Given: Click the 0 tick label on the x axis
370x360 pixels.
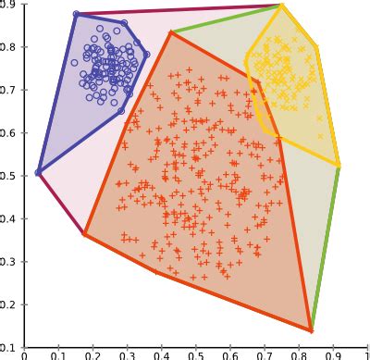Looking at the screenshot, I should [x=24, y=354].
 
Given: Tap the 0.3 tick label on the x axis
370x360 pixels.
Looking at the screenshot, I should [x=127, y=354].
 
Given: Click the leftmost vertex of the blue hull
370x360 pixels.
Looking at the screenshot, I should [x=38, y=172].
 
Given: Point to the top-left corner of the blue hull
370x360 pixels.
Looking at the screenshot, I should [x=76, y=14].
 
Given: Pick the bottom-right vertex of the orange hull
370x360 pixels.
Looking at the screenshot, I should [x=311, y=329].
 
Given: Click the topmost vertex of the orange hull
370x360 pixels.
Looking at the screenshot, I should [x=171, y=32].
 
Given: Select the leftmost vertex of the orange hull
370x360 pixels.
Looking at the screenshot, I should [x=84, y=233].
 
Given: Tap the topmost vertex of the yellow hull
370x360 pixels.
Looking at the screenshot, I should [x=281, y=6].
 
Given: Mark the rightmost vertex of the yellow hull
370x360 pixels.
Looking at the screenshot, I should [x=339, y=165].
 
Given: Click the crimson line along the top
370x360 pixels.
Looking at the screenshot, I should [x=176, y=10].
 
